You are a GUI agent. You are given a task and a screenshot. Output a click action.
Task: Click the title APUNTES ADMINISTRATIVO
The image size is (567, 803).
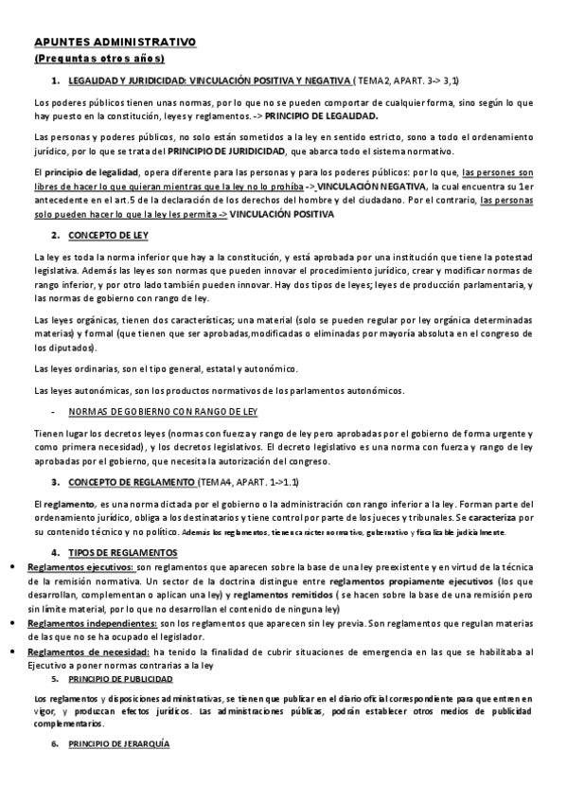click(x=115, y=42)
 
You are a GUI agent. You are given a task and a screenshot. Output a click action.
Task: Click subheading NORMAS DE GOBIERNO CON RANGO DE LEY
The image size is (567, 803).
click(x=163, y=413)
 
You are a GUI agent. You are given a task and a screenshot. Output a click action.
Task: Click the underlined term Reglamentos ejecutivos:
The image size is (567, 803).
click(x=82, y=567)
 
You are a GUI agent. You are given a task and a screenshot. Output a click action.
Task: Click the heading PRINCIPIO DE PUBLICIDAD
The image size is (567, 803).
click(x=120, y=680)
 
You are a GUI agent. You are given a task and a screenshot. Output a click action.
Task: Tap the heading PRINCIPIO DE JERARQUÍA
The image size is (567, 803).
click(x=118, y=744)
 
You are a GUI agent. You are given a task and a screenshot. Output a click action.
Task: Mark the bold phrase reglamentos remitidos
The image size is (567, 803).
click(x=281, y=595)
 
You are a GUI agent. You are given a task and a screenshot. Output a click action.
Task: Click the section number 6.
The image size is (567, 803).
click(x=55, y=744)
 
